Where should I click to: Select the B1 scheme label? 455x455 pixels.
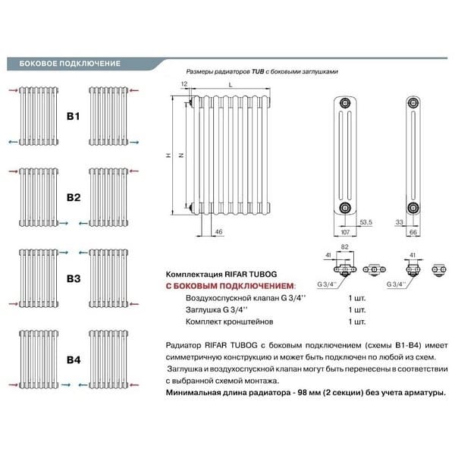pos(73,117)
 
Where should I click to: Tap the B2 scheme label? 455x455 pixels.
pos(73,197)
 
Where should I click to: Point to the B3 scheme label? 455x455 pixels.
pos(73,278)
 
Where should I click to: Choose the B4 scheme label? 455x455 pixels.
pos(73,358)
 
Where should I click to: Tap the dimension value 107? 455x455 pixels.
pos(346,230)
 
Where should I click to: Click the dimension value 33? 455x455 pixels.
pos(399,221)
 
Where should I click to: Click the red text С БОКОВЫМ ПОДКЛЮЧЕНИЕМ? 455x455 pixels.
pos(229,285)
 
